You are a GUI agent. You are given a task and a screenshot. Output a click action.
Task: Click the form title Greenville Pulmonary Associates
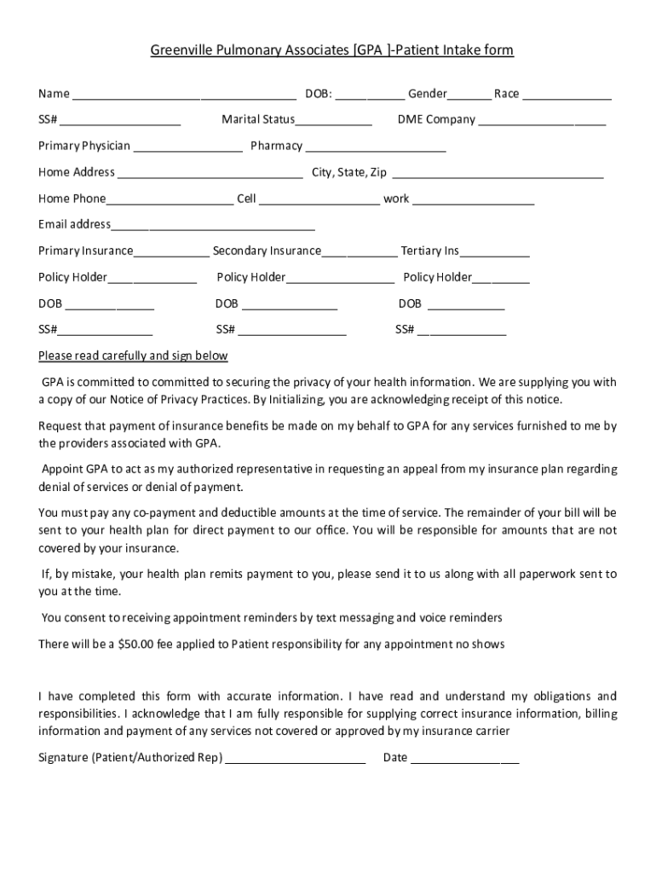[332, 50]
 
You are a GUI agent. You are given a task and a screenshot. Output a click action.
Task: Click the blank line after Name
[183, 95]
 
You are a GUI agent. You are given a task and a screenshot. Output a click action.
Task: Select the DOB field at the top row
[370, 95]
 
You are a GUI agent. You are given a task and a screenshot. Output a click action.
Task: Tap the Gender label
[427, 94]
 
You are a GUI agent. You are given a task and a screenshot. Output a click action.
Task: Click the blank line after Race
[567, 95]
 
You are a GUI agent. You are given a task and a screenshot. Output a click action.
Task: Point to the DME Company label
[436, 119]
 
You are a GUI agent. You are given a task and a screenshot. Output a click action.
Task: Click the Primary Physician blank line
[187, 147]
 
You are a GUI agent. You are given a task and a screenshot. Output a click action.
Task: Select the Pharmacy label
[276, 146]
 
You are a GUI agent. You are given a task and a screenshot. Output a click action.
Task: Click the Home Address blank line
[210, 174]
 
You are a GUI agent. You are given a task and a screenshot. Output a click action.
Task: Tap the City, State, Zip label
[349, 172]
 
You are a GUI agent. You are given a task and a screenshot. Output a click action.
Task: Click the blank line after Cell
[319, 200]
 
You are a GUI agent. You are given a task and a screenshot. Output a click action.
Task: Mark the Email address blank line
[213, 226]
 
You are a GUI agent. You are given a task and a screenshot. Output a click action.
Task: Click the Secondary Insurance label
[267, 251]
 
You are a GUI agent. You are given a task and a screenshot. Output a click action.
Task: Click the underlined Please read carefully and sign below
[133, 356]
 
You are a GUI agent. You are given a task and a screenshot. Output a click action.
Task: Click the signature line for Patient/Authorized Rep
[295, 759]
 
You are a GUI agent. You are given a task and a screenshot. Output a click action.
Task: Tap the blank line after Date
[464, 759]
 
